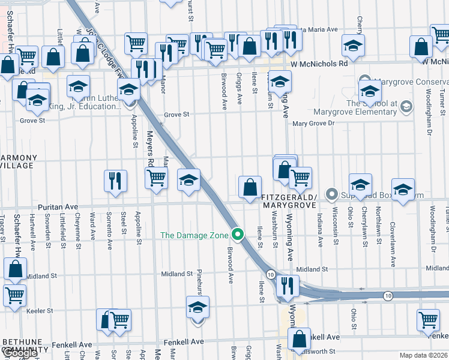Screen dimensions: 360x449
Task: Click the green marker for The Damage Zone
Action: pos(238,235)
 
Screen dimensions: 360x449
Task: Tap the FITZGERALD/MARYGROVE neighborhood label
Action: pos(288,201)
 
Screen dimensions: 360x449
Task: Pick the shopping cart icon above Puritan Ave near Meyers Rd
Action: pos(156,178)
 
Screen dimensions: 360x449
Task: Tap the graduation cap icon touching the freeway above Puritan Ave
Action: pos(188,180)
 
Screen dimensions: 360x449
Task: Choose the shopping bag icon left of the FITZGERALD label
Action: pos(249,187)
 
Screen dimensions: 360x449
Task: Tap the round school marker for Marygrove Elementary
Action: pos(406,107)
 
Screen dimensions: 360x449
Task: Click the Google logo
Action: pos(20,353)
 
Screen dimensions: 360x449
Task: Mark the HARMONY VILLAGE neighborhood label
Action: pos(18,163)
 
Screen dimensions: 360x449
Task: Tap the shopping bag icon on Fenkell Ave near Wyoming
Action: pos(299,340)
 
